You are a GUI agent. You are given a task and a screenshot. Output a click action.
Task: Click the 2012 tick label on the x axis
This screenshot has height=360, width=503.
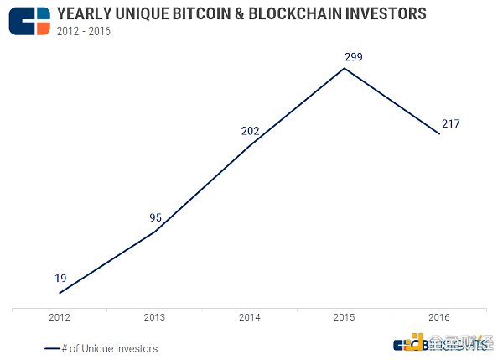pos(60,317)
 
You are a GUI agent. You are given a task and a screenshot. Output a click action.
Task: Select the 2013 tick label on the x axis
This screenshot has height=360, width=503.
pos(155,317)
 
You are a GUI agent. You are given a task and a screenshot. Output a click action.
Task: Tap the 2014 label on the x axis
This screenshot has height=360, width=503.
pos(250,317)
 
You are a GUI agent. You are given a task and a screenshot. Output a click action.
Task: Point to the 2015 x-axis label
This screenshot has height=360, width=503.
pos(345,317)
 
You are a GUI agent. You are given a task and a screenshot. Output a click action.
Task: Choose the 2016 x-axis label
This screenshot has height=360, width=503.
pos(439,317)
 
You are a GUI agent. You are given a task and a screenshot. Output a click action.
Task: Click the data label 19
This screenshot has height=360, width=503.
pos(61,279)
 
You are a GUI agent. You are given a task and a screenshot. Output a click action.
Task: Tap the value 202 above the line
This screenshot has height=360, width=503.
pos(250,131)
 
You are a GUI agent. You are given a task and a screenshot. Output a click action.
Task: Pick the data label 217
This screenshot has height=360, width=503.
pos(451,123)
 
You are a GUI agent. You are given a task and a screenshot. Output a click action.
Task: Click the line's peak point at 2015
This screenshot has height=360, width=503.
pos(345,68)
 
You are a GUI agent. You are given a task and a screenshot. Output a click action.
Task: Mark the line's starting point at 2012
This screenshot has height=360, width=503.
pos(60,293)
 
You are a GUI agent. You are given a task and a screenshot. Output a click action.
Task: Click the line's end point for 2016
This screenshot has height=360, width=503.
pos(439,133)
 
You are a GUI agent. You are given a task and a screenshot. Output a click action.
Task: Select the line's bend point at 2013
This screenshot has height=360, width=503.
pos(155,231)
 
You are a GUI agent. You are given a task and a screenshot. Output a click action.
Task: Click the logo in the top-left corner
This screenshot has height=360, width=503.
pos(29,20)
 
